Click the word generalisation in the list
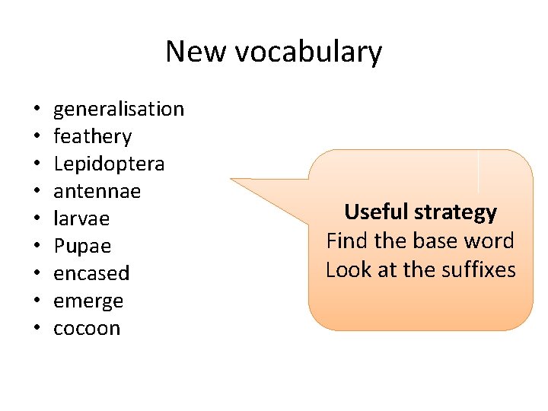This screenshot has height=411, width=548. [x=119, y=110]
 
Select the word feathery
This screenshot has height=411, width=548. [x=92, y=137]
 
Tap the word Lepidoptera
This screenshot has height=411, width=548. [x=109, y=164]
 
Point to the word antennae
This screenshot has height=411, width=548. [x=97, y=191]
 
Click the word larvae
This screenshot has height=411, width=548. [x=81, y=219]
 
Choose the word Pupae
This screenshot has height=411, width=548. [x=82, y=247]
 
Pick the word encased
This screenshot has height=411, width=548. [x=91, y=273]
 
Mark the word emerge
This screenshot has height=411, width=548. [x=88, y=301]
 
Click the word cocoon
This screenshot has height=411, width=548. [x=87, y=329]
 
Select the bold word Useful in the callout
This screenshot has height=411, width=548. [x=376, y=212]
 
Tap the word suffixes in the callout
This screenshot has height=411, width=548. [x=479, y=269]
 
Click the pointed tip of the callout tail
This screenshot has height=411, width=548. [x=231, y=180]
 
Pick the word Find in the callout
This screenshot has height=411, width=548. [x=347, y=241]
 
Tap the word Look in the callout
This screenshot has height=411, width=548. [x=347, y=269]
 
